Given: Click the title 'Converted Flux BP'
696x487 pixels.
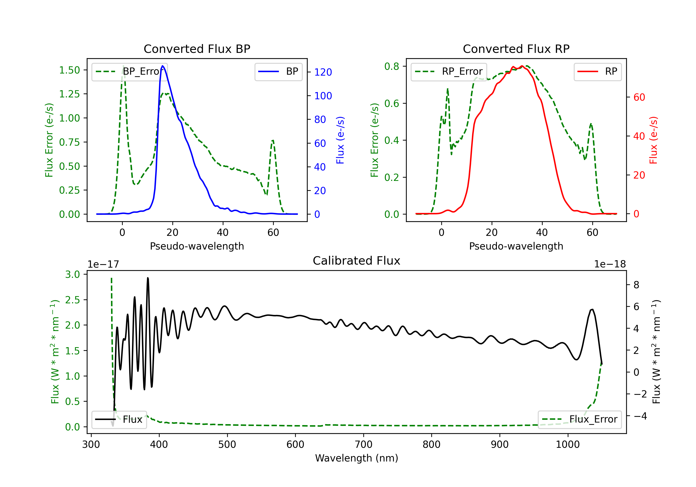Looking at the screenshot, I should click(197, 49).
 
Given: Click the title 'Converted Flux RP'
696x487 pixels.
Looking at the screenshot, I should click(516, 49).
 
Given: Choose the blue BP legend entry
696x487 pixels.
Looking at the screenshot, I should click(278, 71).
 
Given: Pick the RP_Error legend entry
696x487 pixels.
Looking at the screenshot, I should click(449, 71).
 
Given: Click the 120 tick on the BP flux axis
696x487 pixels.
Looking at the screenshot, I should click(323, 72).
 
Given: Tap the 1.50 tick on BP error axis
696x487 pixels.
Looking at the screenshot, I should click(69, 70).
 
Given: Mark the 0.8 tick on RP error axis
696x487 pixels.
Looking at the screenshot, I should click(392, 66).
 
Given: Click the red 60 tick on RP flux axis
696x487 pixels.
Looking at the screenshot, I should click(639, 97).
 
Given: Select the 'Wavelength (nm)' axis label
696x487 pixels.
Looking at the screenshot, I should click(357, 458).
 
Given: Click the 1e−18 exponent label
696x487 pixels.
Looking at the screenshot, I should click(610, 264).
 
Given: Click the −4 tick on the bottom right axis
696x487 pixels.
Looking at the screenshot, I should click(640, 416).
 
